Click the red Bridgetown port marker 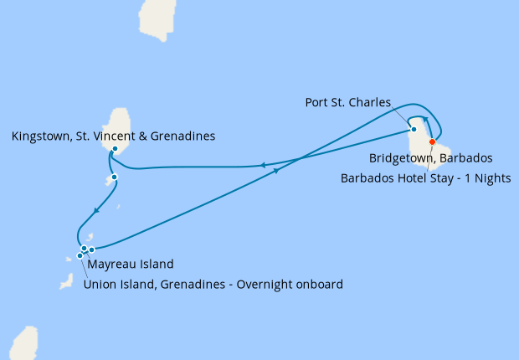(x=433, y=142)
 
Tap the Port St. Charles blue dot (x=414, y=129)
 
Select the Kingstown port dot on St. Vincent (x=115, y=149)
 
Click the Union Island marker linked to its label (x=80, y=255)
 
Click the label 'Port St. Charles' (x=348, y=103)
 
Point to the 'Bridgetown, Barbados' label (x=430, y=157)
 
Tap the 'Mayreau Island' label (x=131, y=265)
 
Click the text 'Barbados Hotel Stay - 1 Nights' (x=426, y=177)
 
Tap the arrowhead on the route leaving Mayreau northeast (x=276, y=171)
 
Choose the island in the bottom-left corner (x=24, y=344)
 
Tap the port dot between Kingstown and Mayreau (x=114, y=177)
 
